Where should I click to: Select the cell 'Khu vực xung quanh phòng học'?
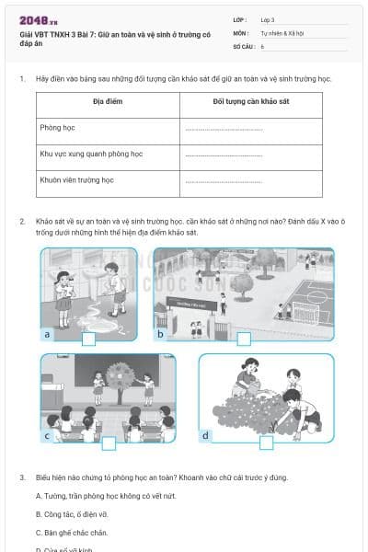point(91,155)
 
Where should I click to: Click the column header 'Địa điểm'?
point(108,103)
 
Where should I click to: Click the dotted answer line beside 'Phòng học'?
point(223,130)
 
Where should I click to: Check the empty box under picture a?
point(88,339)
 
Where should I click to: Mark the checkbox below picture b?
point(244,339)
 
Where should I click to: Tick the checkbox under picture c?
point(109,443)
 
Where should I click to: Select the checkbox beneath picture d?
point(265,443)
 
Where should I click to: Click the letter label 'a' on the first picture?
point(47,335)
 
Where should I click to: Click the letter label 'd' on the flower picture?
point(205,434)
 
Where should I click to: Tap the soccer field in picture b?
point(305,298)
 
